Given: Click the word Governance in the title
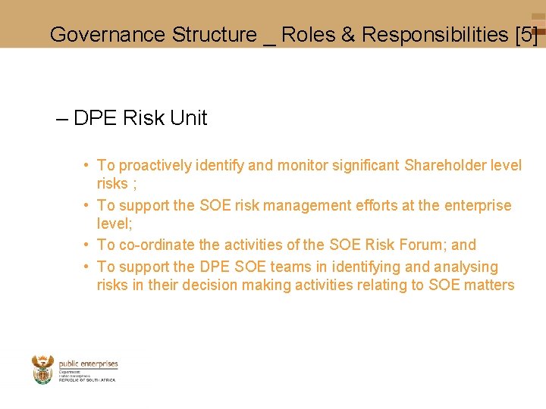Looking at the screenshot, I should click(x=107, y=35).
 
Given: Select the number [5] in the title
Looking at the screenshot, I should click(x=526, y=35).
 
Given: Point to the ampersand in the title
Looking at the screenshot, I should click(x=348, y=35).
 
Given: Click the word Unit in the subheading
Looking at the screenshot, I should click(x=189, y=118).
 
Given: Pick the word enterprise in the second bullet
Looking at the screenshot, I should click(x=478, y=205).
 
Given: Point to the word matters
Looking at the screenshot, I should click(x=491, y=285).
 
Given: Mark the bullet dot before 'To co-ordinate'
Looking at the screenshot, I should click(x=89, y=245).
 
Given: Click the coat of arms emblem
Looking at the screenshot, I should click(x=43, y=370).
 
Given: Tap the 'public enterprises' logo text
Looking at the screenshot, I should click(x=88, y=364).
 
